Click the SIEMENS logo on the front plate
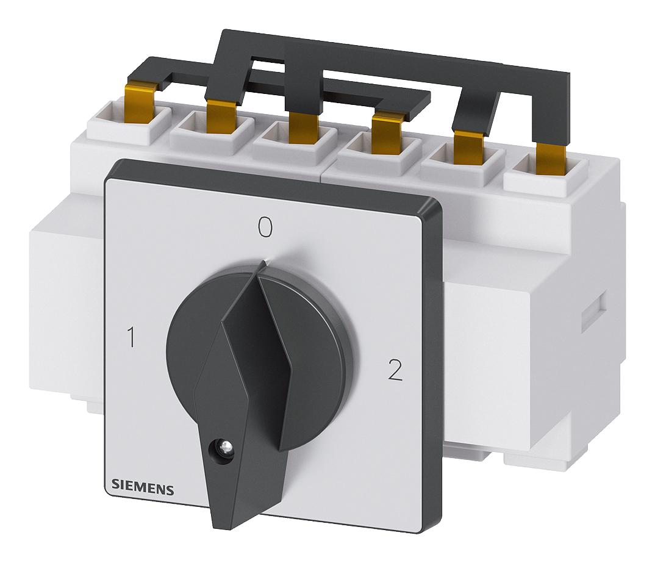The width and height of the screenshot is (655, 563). (x=143, y=489)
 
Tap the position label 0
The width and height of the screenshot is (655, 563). (x=265, y=227)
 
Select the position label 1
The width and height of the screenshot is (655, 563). (x=131, y=336)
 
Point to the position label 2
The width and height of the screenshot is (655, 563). (x=395, y=370)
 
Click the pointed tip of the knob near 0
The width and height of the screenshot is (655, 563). (x=263, y=264)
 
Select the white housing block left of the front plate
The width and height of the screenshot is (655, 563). (x=67, y=305)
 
